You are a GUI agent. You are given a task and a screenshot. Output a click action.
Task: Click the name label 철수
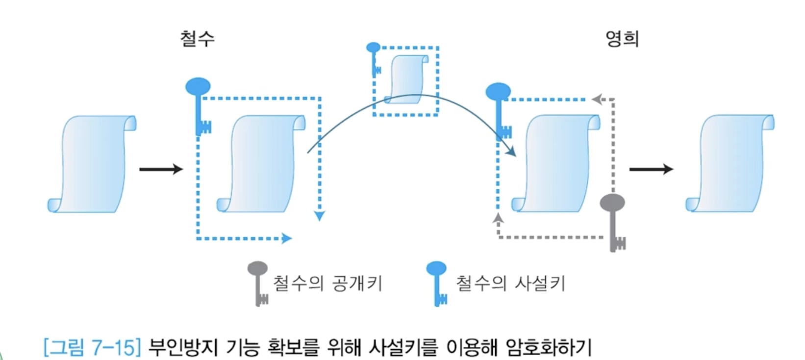click(x=197, y=38)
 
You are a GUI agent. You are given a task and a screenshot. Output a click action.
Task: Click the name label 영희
click(x=622, y=38)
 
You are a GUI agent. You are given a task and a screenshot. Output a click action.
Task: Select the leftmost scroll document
click(x=93, y=164)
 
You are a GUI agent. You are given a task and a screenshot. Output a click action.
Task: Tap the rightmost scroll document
click(x=730, y=164)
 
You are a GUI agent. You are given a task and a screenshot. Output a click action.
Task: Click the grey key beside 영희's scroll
click(x=614, y=221)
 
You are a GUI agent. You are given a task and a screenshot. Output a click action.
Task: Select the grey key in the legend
click(x=258, y=282)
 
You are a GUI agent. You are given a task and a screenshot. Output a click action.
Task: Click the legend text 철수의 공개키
click(x=327, y=283)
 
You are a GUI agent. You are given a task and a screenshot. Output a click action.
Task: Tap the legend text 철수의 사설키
click(x=510, y=283)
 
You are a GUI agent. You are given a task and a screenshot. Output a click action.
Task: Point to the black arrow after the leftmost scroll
click(x=161, y=169)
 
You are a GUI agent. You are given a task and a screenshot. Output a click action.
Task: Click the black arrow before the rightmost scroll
click(x=651, y=169)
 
